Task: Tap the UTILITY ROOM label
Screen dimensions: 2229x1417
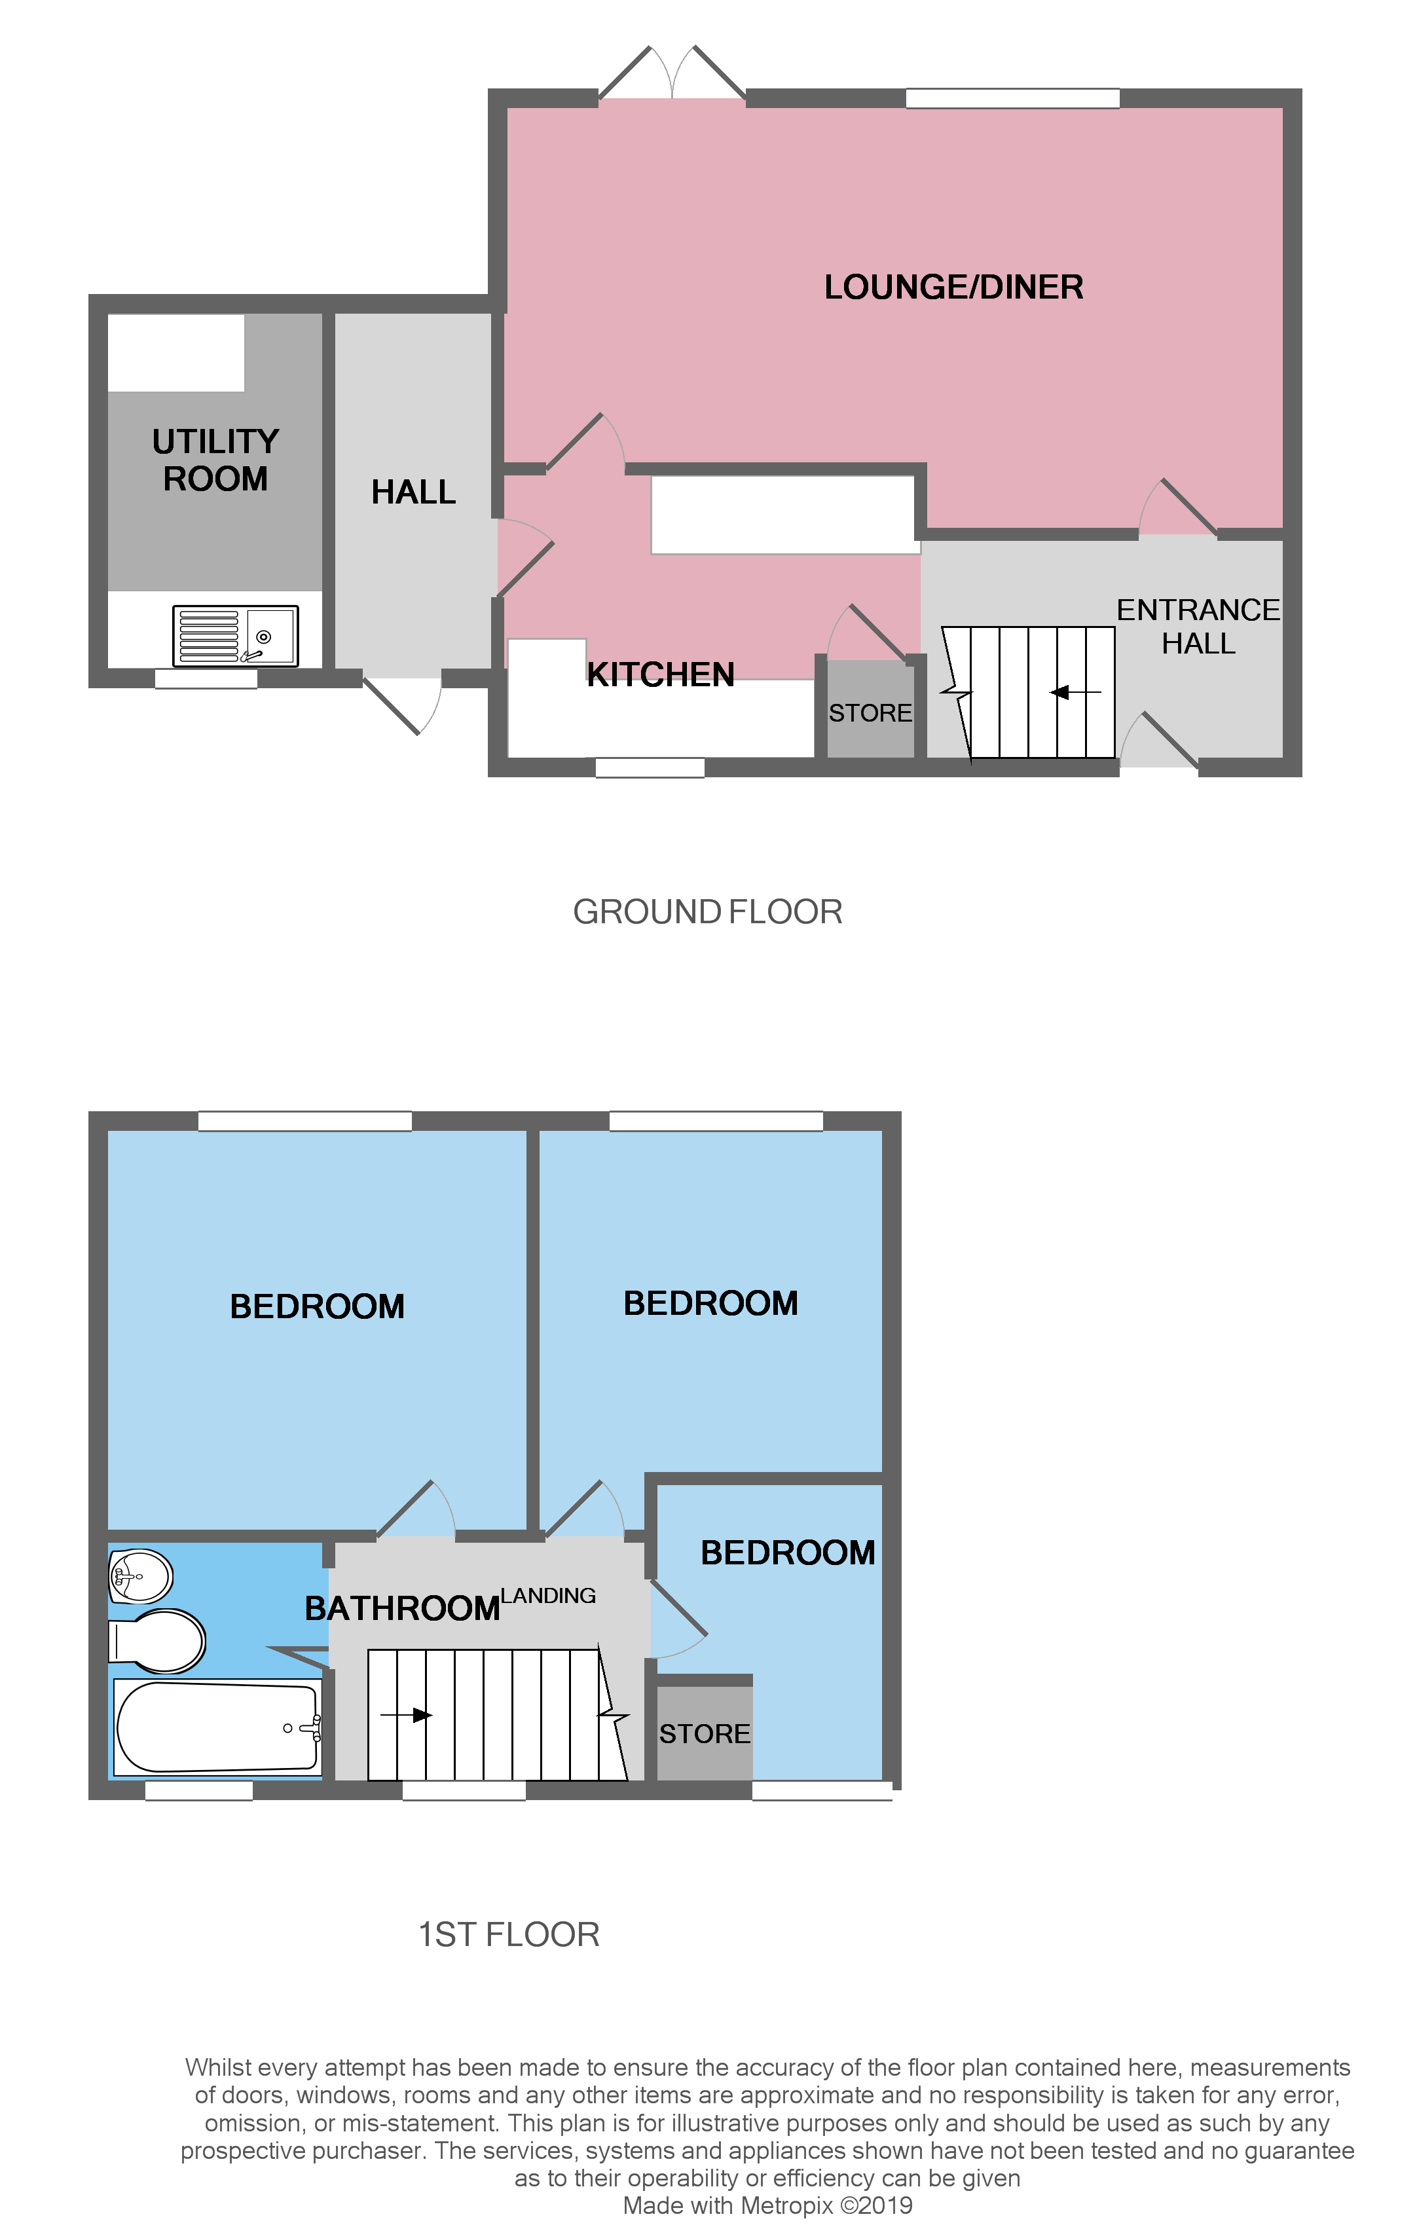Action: (x=215, y=460)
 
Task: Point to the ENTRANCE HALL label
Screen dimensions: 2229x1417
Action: (x=1198, y=627)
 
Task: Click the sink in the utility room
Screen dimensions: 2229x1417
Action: (x=235, y=636)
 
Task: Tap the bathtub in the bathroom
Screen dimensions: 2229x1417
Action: (x=217, y=1727)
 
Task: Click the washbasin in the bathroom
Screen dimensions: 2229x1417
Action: (x=139, y=1575)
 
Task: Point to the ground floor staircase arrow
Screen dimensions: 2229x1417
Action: (x=1075, y=692)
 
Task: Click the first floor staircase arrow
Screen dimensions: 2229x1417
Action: (x=407, y=1715)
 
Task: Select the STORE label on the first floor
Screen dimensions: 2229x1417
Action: (x=705, y=1734)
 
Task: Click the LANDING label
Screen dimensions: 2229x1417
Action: (x=548, y=1595)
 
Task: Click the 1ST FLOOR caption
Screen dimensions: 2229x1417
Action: (x=508, y=1934)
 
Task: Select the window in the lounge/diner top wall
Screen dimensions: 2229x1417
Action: (x=1012, y=98)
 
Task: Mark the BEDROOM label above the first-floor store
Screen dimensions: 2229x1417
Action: (x=788, y=1553)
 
